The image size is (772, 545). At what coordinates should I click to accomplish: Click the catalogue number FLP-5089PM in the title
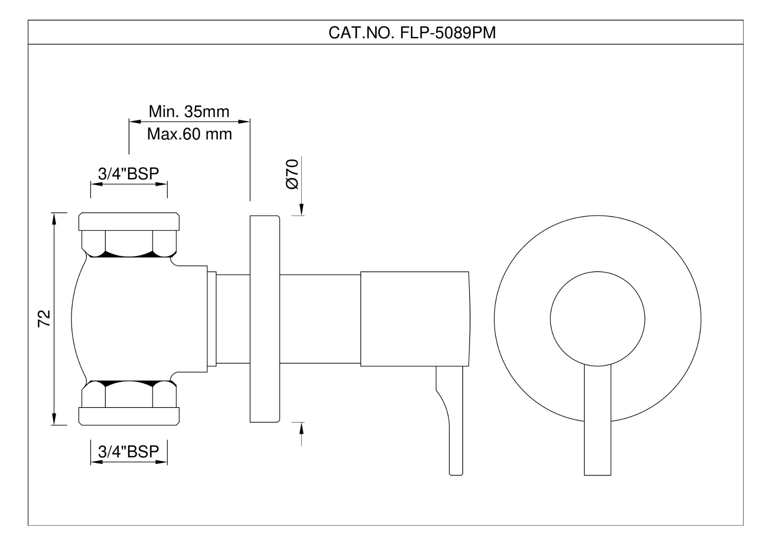point(448,33)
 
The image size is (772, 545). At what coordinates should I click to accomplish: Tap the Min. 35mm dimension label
point(189,111)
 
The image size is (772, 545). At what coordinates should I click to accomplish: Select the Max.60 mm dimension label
point(189,134)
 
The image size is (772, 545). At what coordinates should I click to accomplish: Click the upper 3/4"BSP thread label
point(129,173)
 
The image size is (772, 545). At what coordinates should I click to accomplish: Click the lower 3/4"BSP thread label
point(129,451)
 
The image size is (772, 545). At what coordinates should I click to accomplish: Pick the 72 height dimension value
point(44,318)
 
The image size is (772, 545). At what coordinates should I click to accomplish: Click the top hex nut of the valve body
point(129,243)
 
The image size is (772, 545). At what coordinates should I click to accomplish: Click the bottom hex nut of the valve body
point(129,395)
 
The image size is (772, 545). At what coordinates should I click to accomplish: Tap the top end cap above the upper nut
point(129,221)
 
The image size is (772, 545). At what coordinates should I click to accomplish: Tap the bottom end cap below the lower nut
point(129,416)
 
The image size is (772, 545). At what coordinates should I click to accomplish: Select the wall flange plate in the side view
point(265,319)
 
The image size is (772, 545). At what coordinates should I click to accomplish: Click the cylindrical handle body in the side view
point(415,319)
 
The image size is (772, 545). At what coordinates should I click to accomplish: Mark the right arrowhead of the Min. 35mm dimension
point(244,121)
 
